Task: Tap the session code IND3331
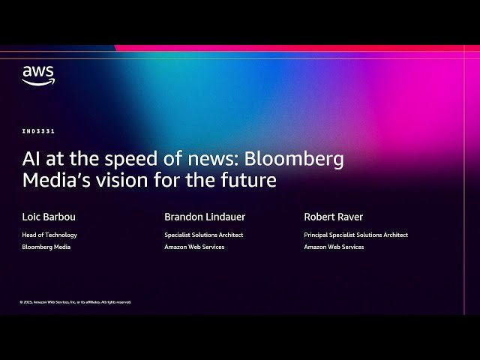[38, 131]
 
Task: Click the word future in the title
[252, 180]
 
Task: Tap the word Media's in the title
[51, 180]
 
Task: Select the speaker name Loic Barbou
[49, 217]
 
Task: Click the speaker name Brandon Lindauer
[205, 217]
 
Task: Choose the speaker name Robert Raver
[333, 217]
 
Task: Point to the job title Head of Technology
[49, 235]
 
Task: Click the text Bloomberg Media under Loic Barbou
[46, 247]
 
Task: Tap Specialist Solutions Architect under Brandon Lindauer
[203, 235]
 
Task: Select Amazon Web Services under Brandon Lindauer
[194, 247]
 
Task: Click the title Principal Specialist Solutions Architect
[355, 235]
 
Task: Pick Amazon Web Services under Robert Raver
[334, 247]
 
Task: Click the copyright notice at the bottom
[75, 302]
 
